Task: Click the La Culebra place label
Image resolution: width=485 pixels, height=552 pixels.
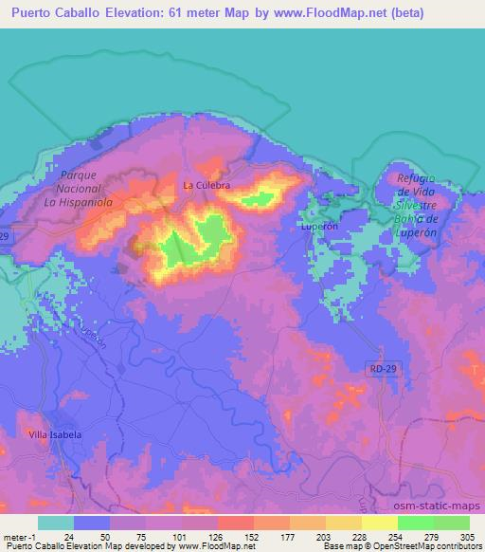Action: tap(207, 185)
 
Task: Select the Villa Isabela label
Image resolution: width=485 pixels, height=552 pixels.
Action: tap(55, 433)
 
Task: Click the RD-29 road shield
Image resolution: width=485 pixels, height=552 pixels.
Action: tap(380, 365)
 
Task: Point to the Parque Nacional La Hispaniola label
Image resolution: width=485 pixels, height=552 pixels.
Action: tap(79, 190)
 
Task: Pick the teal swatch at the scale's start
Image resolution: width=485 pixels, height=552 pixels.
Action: tap(56, 523)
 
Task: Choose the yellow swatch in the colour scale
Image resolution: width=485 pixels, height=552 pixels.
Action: tap(344, 523)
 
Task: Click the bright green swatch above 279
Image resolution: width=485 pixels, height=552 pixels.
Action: tap(416, 523)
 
